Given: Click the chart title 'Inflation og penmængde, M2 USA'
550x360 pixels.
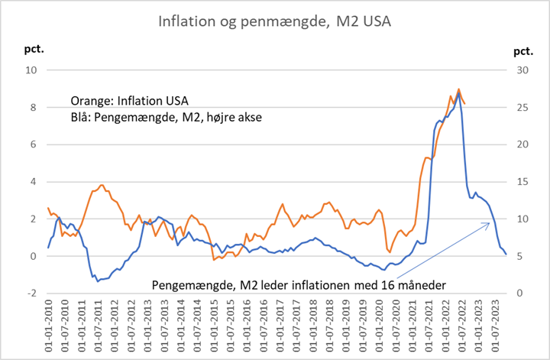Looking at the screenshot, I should click(x=274, y=21).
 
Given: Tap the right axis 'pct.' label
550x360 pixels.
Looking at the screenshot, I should click(x=522, y=51).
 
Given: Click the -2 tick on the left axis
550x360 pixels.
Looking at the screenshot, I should click(x=31, y=294).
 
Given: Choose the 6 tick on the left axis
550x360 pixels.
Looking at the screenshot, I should click(x=33, y=144).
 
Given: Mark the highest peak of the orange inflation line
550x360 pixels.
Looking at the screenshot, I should click(x=458, y=89).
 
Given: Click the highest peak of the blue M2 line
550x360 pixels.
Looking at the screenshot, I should click(x=458, y=93).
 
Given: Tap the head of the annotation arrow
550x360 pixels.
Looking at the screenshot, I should click(x=490, y=222).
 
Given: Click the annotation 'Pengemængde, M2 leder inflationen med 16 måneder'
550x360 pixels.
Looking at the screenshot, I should click(x=299, y=285).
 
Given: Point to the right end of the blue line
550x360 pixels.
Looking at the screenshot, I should click(x=506, y=255).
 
